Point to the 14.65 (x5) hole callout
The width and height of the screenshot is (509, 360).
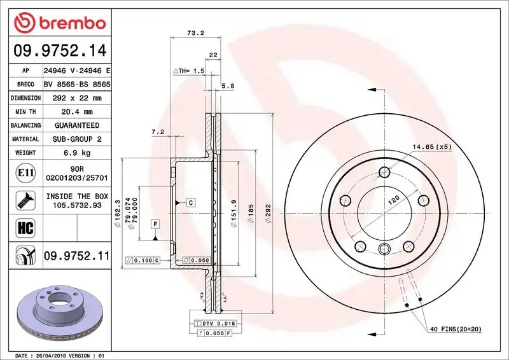tap(431, 148)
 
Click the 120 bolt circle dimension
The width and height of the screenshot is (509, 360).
tap(394, 200)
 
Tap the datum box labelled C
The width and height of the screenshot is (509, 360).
tap(190, 202)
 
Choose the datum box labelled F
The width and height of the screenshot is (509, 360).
tap(155, 223)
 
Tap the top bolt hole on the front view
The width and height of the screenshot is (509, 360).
tap(384, 172)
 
